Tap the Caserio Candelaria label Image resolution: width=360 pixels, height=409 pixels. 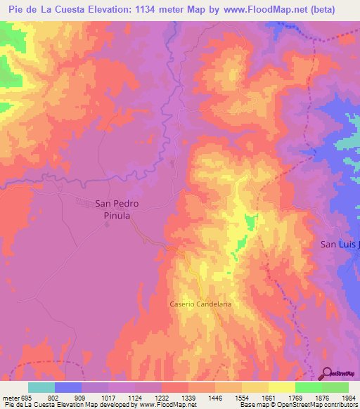coord(200,304)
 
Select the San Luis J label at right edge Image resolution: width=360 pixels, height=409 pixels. coord(340,245)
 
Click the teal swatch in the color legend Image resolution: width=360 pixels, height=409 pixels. coord(41,387)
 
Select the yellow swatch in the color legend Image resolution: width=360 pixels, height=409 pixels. coord(281,387)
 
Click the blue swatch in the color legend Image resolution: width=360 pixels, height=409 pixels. coord(68,387)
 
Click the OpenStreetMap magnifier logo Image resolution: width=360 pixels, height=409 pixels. coord(328,373)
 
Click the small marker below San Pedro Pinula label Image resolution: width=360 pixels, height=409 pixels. coord(107,226)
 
